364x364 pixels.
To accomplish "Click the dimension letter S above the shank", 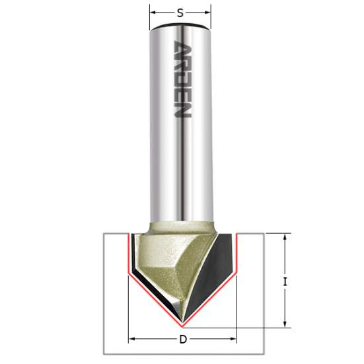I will click(x=180, y=11).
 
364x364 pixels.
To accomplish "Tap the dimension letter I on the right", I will click(x=284, y=281).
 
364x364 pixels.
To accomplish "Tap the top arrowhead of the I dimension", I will click(x=286, y=237).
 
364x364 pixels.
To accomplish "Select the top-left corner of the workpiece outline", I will click(x=104, y=233).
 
